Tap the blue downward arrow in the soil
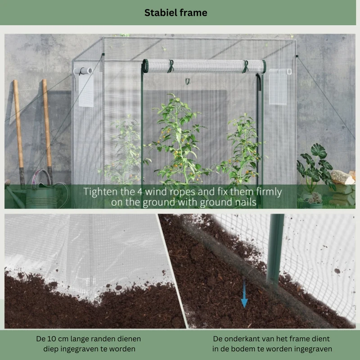[x=244, y=293]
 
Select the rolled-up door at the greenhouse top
[x=204, y=66]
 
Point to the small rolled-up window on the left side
[x=83, y=71]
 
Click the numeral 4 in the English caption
[x=140, y=192]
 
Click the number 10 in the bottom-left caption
[x=52, y=339]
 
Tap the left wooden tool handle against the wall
[x=19, y=133]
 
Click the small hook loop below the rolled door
[x=188, y=81]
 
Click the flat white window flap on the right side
[x=278, y=87]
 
